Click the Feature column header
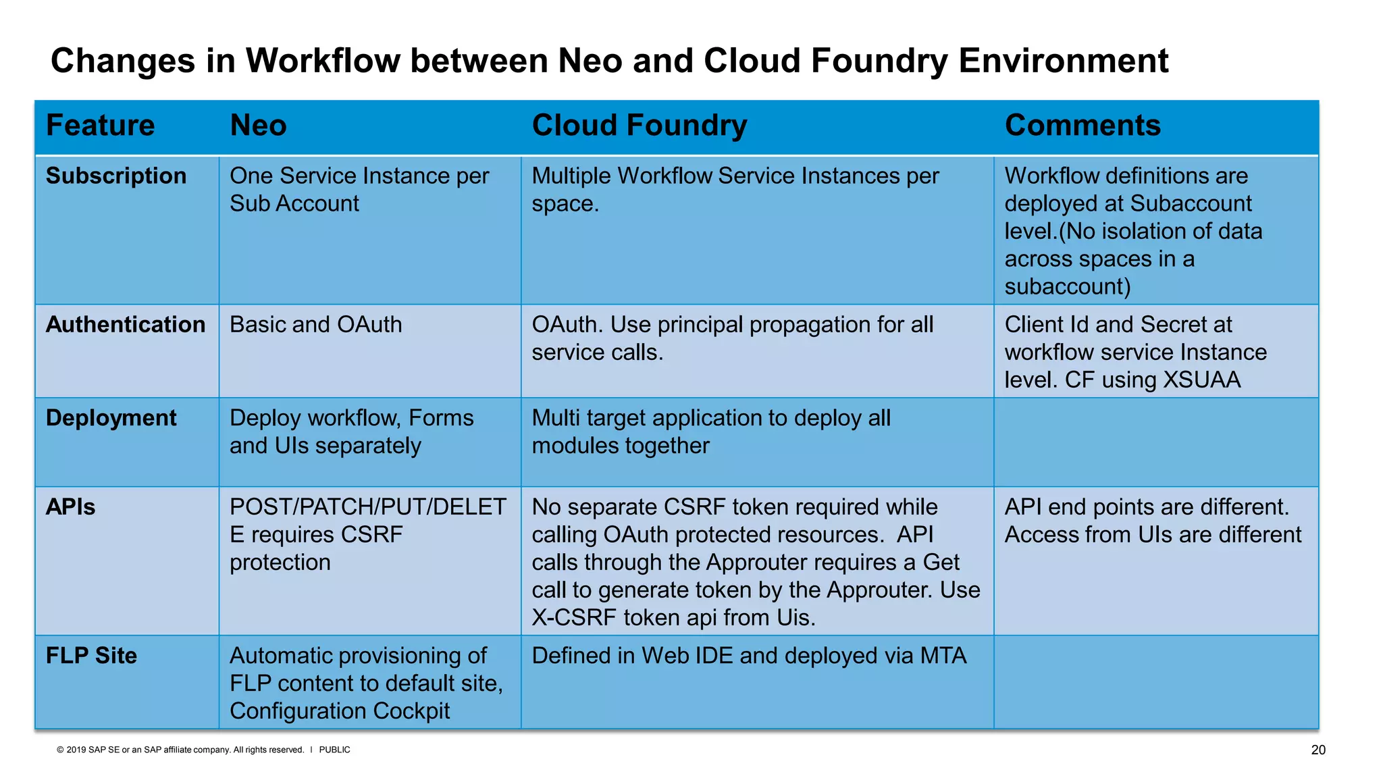tap(100, 126)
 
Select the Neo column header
tap(258, 126)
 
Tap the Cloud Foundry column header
tap(639, 126)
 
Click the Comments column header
tap(1082, 126)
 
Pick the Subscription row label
tap(115, 176)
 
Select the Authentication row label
tap(125, 324)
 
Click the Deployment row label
tap(111, 418)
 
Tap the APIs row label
tap(70, 507)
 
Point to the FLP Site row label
tap(91, 656)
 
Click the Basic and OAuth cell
tap(315, 325)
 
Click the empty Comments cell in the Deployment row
tap(1155, 442)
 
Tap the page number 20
tap(1317, 750)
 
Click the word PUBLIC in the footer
tap(334, 750)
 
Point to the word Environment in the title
tap(1063, 61)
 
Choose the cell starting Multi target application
tap(710, 432)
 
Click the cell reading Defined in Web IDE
tap(748, 656)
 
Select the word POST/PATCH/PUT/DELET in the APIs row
tap(367, 507)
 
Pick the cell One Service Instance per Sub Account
tap(359, 190)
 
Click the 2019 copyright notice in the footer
tap(180, 750)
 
